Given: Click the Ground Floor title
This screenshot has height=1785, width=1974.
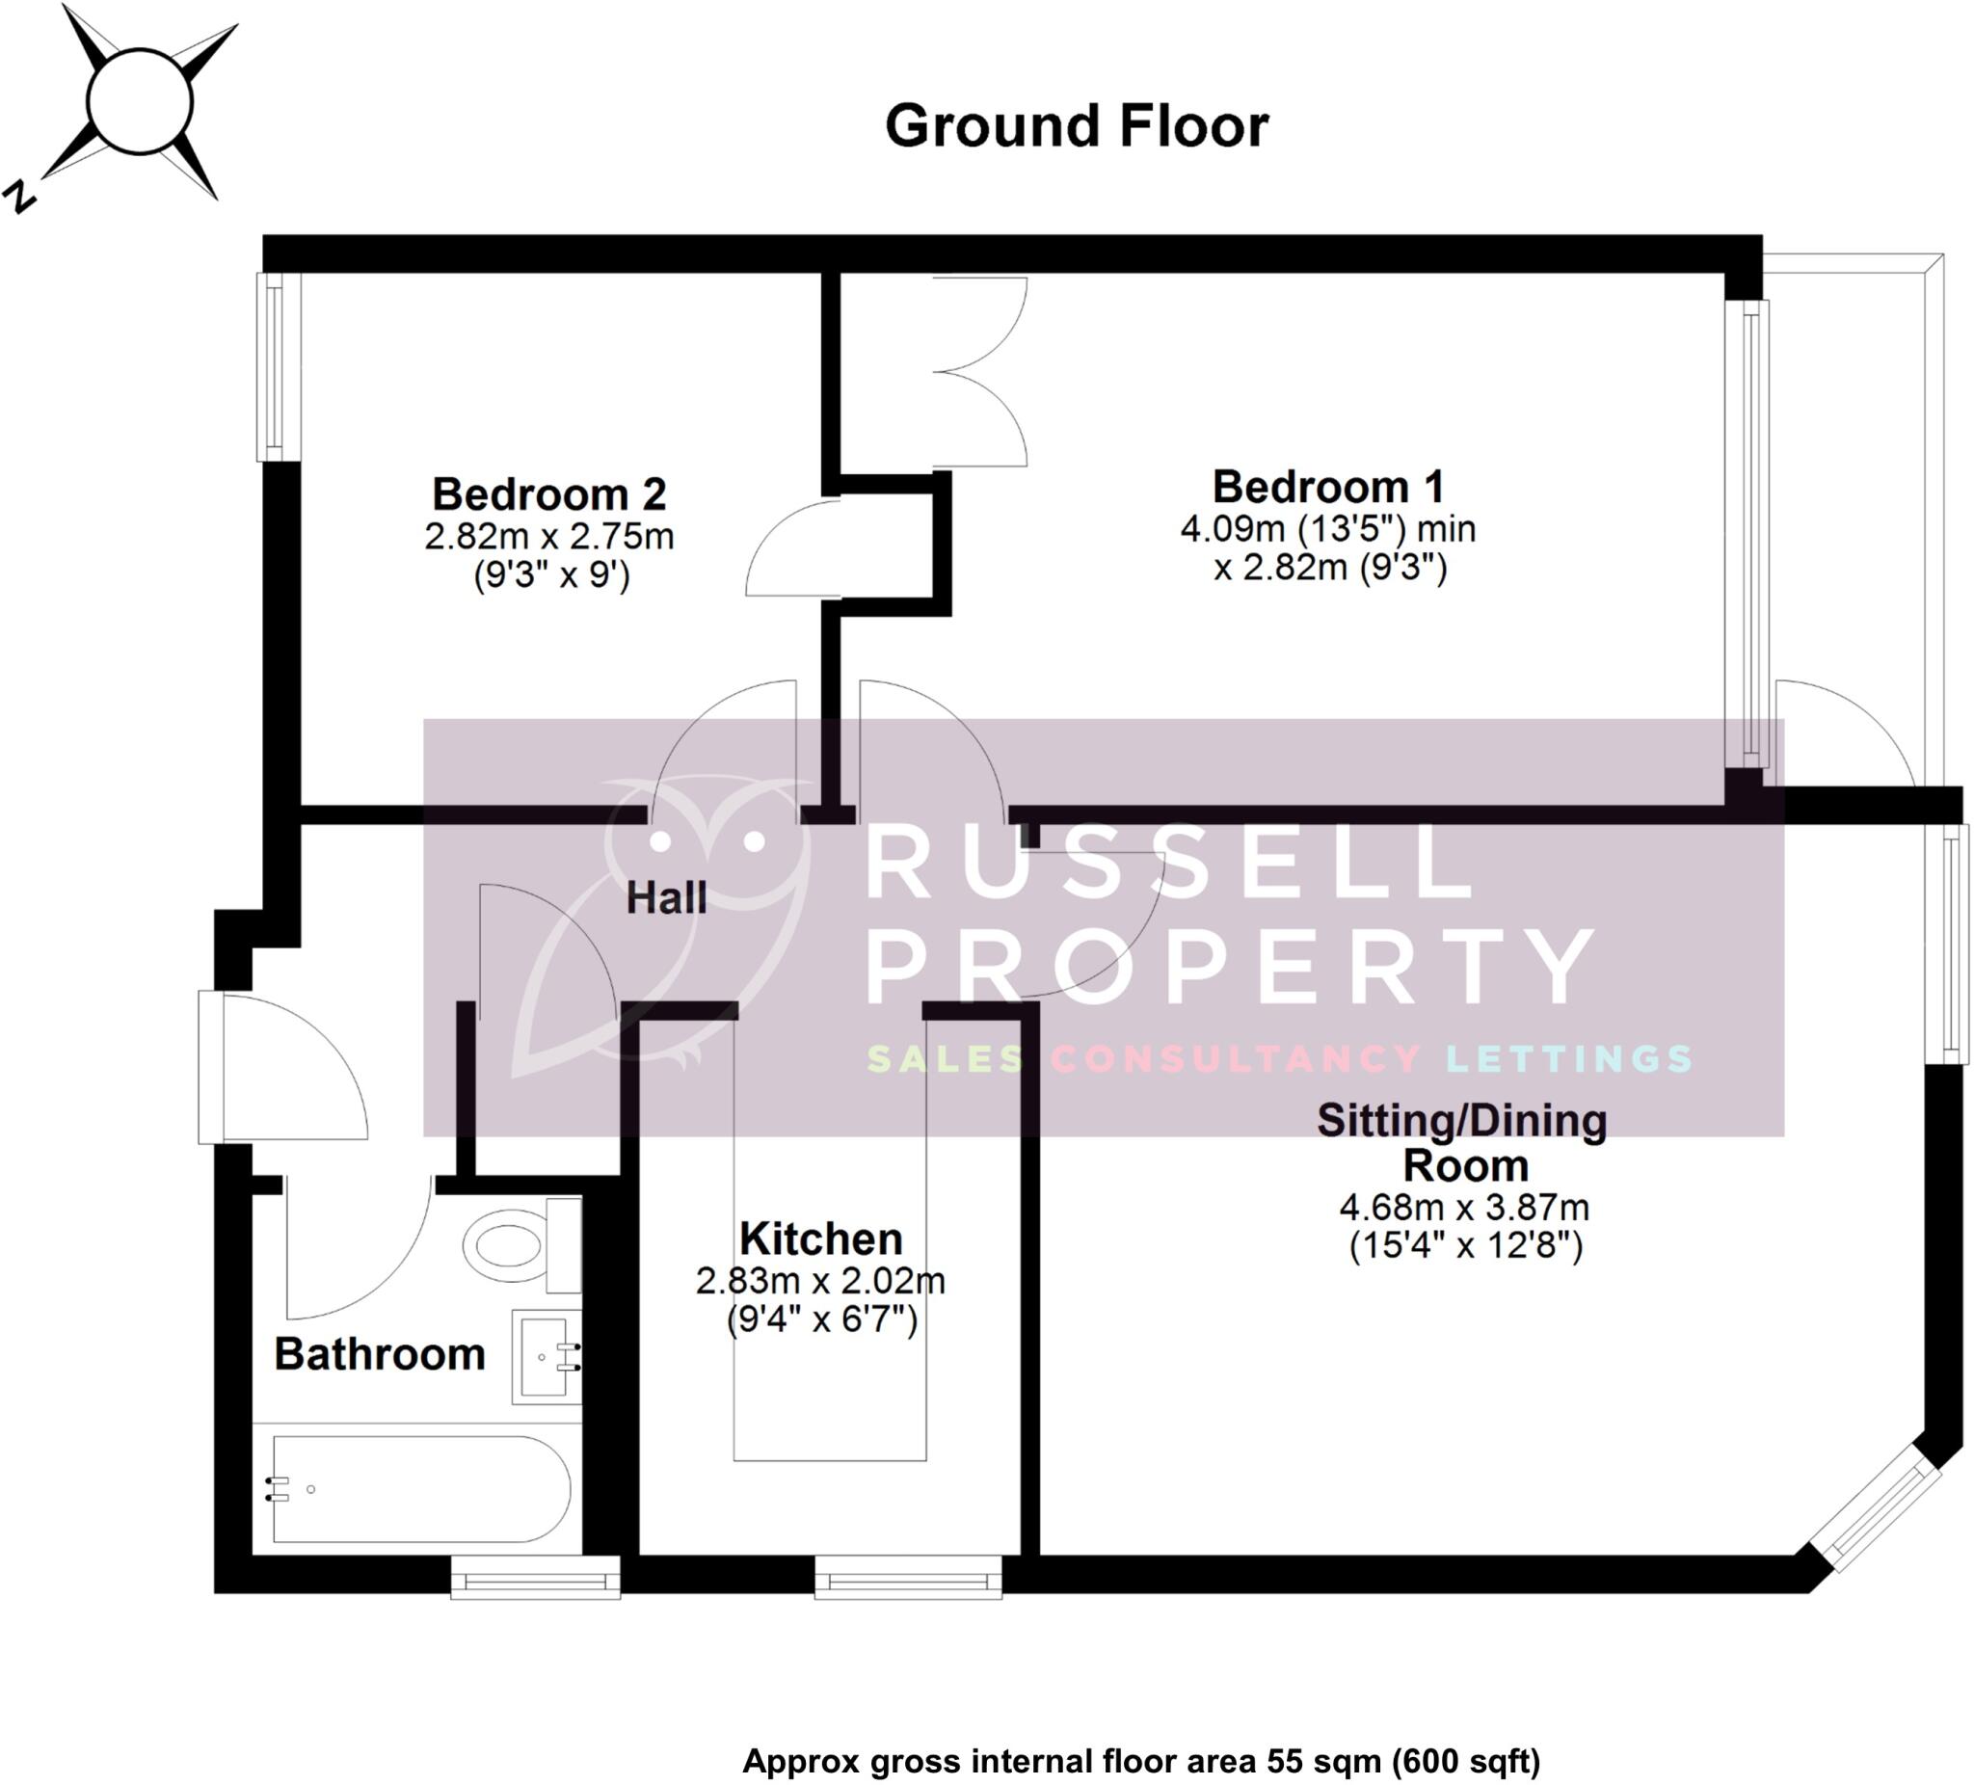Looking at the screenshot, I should (x=1076, y=126).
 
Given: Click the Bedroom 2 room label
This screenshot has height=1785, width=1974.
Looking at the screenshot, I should (x=548, y=493).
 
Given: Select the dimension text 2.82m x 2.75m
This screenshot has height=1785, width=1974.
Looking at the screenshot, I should (x=548, y=537).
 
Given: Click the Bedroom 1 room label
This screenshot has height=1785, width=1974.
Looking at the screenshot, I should (x=1328, y=487).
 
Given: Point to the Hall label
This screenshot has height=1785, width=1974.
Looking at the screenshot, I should (x=666, y=898).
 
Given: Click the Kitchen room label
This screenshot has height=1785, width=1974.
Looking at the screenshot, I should (x=820, y=1239).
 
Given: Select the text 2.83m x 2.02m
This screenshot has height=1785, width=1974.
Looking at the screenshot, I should (x=820, y=1281).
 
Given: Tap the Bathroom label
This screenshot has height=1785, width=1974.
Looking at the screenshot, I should (x=380, y=1354).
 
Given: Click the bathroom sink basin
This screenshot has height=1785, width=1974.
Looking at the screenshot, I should (x=546, y=1356).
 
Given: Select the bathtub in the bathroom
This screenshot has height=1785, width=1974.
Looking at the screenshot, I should (x=421, y=1488).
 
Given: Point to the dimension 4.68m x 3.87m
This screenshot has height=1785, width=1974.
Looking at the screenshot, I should (x=1464, y=1208).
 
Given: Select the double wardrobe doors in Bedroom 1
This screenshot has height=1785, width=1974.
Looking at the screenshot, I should (x=979, y=371).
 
